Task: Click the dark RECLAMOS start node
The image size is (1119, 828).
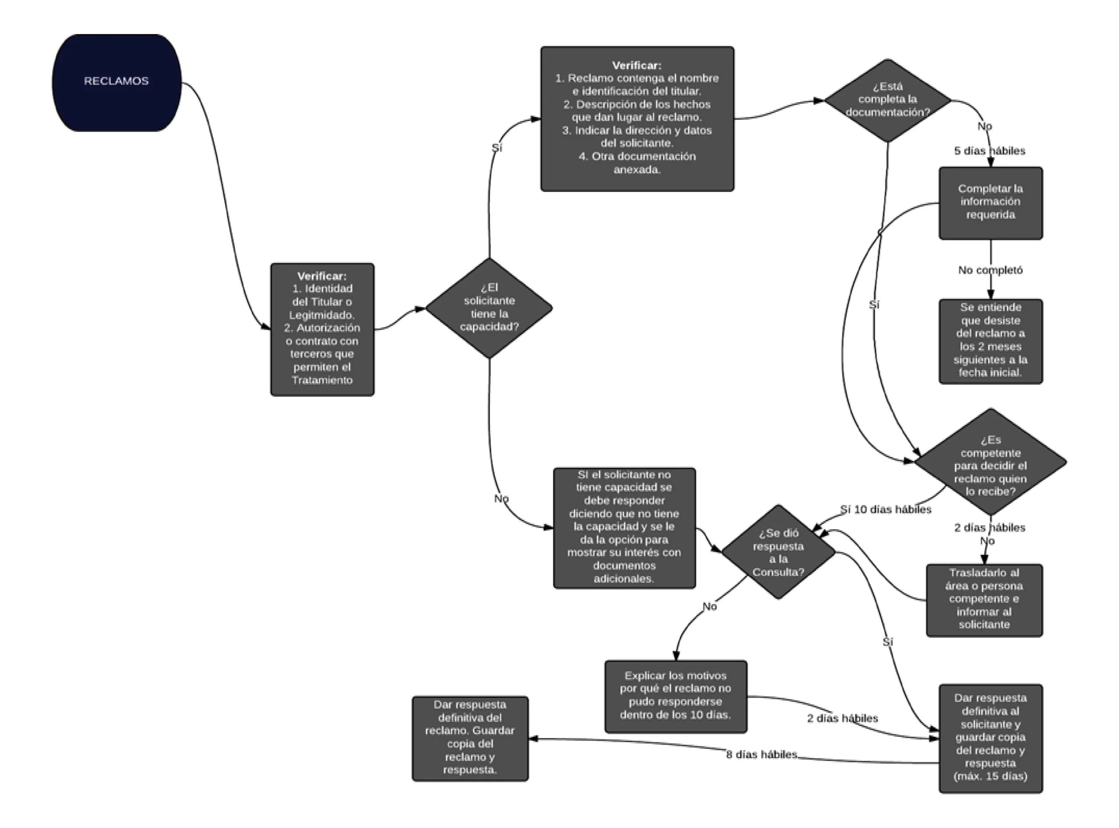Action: point(116,83)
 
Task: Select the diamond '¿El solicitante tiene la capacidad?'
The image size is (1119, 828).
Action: point(489,308)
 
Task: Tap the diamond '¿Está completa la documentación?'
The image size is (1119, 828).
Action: point(887,100)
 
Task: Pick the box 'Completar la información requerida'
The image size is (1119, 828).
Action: point(990,203)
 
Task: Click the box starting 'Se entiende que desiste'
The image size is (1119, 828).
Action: point(990,341)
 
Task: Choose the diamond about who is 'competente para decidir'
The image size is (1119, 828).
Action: point(990,461)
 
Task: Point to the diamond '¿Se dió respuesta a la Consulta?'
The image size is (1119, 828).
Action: point(778,552)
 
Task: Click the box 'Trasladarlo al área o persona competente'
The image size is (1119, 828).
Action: point(984,600)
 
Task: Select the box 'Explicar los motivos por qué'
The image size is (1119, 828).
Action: point(676,696)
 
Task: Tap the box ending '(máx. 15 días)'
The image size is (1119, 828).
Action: point(990,738)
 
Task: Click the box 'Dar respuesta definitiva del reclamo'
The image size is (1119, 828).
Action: point(470,738)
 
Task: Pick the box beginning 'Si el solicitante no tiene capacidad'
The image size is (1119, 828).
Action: point(624,528)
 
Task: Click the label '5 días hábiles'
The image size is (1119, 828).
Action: point(990,151)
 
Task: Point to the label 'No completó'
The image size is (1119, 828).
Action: point(990,270)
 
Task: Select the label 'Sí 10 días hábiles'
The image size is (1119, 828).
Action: point(886,509)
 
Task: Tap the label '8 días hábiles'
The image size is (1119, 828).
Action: point(761,754)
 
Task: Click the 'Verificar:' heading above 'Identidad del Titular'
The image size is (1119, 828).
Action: point(322,276)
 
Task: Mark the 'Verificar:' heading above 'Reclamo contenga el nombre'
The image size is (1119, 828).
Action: point(637,65)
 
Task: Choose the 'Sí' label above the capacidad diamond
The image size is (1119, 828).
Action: point(496,148)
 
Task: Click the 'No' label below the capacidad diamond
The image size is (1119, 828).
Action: point(501,499)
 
